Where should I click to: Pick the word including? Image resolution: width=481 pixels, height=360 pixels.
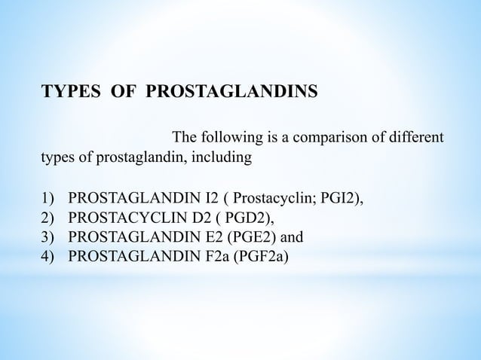pos(225,158)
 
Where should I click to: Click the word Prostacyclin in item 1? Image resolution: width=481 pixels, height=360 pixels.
pos(272,199)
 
